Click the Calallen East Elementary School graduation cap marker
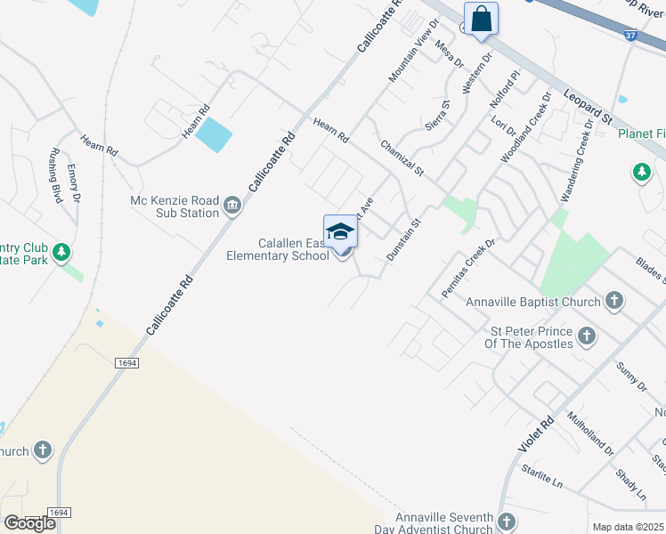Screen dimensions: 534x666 pos(340,232)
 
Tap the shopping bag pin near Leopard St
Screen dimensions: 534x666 pos(481,19)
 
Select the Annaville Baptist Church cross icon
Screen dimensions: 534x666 pos(614,302)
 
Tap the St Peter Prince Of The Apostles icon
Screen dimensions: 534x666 pos(587,336)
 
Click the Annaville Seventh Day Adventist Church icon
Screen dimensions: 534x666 pos(507,522)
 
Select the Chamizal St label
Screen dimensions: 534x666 pos(402,157)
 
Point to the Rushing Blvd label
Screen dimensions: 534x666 pos(55,175)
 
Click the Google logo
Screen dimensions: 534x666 pos(29,523)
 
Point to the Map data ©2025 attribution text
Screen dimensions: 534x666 pos(629,527)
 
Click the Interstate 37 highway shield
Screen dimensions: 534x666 pos(630,36)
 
